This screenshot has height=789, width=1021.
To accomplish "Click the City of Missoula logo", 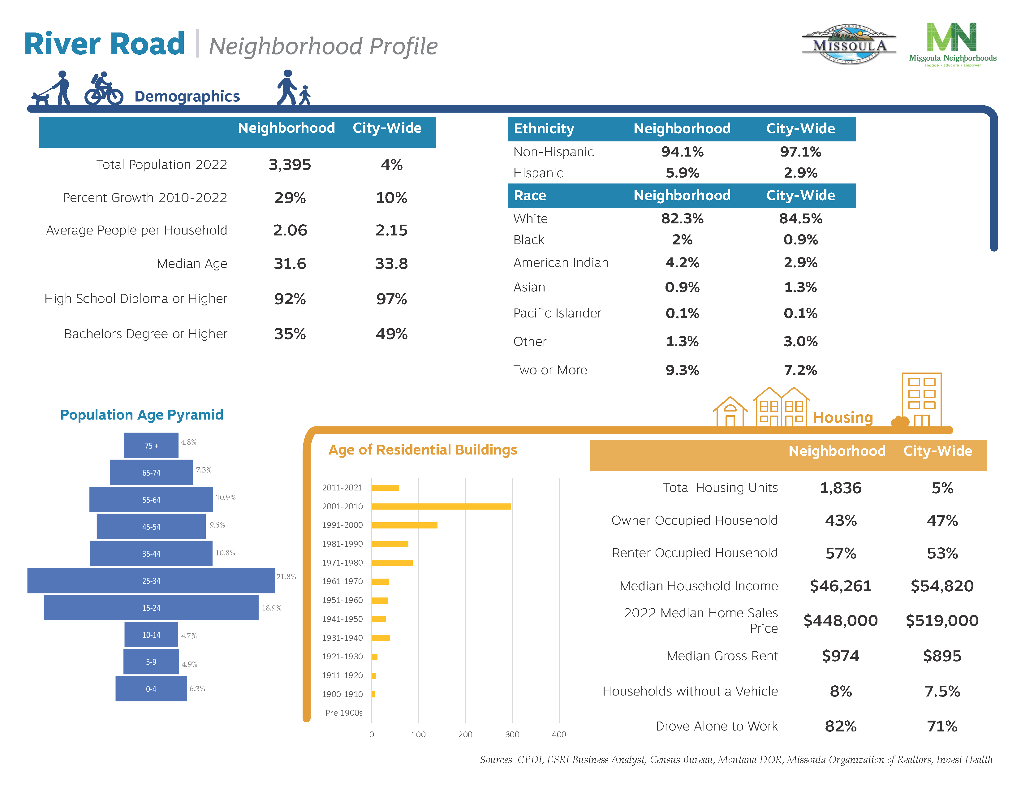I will (848, 45).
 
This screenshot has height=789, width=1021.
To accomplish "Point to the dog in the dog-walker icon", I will (40, 98).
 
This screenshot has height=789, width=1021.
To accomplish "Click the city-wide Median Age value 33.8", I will (391, 264).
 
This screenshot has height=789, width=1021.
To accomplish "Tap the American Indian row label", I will (561, 263).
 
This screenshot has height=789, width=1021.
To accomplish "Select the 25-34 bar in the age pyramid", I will (151, 580).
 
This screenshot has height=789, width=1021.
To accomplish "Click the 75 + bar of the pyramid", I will (151, 446).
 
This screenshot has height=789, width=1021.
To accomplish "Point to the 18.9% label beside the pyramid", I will (271, 608).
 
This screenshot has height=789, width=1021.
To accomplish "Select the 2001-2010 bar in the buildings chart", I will (441, 506).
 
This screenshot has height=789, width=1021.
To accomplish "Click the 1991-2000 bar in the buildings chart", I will (404, 525).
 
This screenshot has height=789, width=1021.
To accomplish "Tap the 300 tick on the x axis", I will (512, 734).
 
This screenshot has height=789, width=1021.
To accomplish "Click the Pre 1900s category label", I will (344, 713).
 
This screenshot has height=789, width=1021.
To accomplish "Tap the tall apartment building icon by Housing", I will (921, 400).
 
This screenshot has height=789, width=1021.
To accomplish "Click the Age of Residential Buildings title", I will (423, 450).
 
